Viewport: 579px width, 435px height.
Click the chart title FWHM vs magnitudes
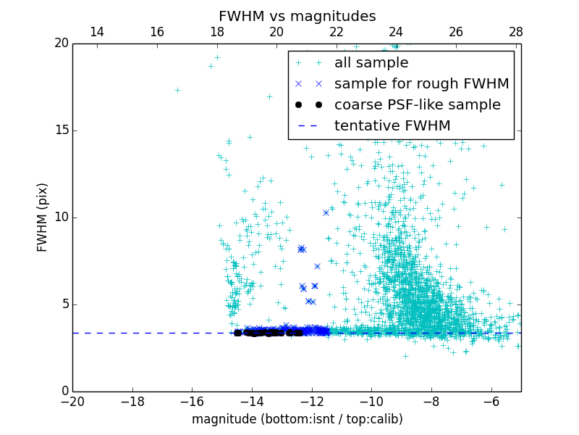point(297,16)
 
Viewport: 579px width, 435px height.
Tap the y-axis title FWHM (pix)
point(43,217)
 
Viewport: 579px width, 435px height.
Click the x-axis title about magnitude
point(297,419)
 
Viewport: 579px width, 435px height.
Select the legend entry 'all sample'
point(371,63)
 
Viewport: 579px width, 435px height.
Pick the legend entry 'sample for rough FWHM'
point(421,84)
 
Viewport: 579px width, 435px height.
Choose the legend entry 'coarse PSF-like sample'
point(417,104)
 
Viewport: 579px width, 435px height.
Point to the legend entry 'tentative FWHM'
point(392,125)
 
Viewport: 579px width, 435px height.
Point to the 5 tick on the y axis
point(63,304)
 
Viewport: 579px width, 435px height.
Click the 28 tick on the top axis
point(516,32)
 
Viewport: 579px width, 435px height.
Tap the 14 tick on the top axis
point(97,32)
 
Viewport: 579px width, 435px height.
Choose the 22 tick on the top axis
point(337,32)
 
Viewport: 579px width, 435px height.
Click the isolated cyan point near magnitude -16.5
point(177,90)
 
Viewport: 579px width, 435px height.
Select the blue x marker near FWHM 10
point(326,212)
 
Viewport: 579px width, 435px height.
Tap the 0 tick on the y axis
point(63,391)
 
